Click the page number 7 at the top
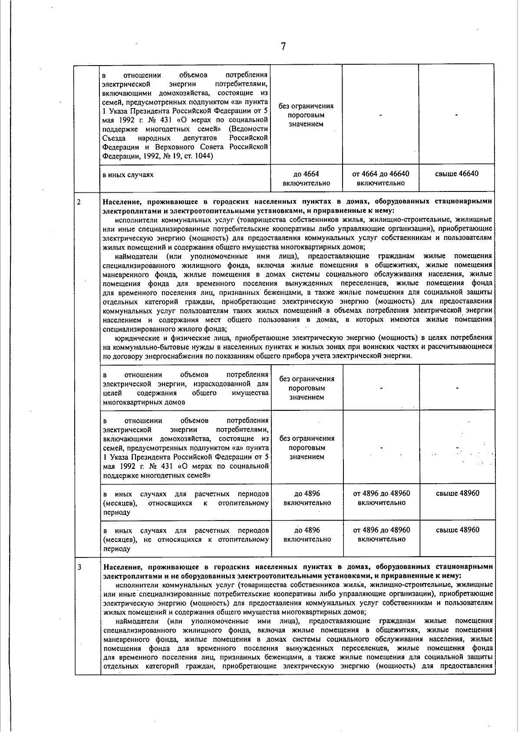pos(283,46)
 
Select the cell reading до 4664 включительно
pos(306,178)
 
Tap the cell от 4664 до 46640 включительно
pos(380,178)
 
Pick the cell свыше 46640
pos(456,174)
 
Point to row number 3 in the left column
pos(79,567)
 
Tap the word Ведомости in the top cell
pos(249,129)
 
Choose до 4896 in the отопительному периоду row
pos(307,498)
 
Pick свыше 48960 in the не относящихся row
pos(457,530)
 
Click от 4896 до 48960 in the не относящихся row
pos(381,534)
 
